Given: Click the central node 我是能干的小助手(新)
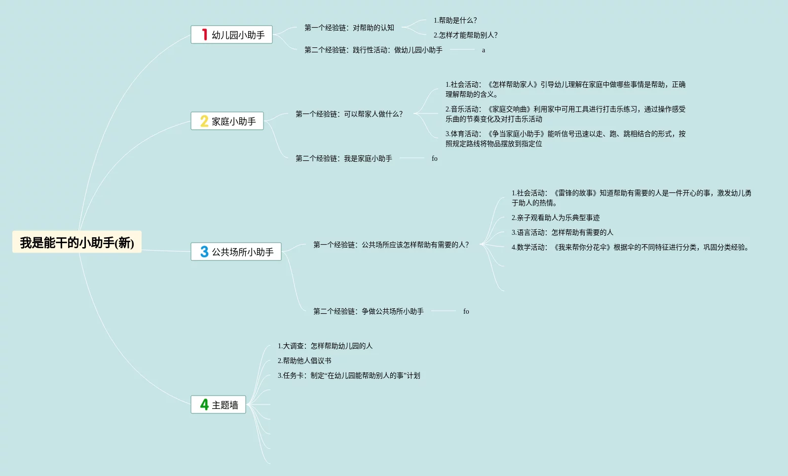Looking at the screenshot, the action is click(x=77, y=242).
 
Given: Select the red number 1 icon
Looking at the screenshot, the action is click(x=204, y=35).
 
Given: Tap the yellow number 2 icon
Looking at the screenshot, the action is click(x=204, y=121).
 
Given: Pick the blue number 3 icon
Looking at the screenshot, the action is click(x=204, y=252).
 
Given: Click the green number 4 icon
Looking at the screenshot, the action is click(x=204, y=404).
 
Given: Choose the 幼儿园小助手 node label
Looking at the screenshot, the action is click(x=238, y=35).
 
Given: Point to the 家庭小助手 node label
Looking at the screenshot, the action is click(x=234, y=121).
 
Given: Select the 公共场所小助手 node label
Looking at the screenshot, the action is click(x=243, y=252).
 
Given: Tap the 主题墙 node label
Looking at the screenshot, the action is click(x=225, y=405).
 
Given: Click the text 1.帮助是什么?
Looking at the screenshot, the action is click(x=455, y=20).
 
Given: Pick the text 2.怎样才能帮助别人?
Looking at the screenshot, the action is click(x=465, y=35).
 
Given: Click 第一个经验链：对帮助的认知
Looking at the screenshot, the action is click(x=349, y=28).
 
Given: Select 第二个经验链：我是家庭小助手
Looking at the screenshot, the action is click(x=344, y=158).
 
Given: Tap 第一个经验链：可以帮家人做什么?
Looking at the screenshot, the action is click(x=349, y=114).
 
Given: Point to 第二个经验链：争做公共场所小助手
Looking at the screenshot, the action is click(x=369, y=311).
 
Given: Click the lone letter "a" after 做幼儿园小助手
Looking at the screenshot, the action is click(x=484, y=50).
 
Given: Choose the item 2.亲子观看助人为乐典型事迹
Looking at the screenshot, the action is click(x=556, y=218).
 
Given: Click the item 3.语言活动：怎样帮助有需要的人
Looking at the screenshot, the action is click(x=563, y=232).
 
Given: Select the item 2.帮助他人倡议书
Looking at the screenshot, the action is click(x=304, y=361).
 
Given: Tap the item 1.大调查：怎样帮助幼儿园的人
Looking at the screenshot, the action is click(x=325, y=346).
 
